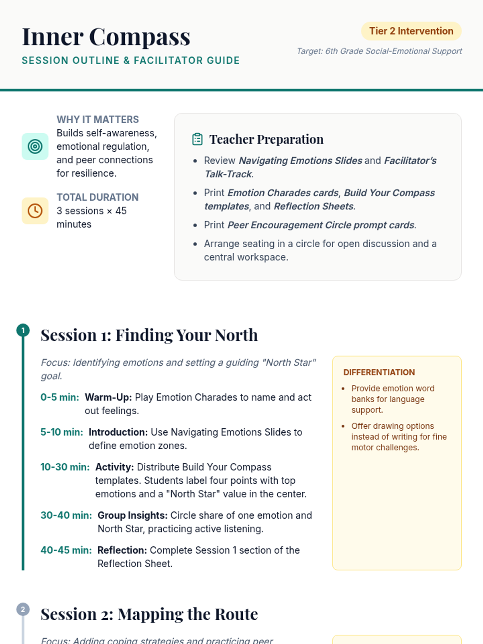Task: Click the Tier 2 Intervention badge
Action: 411,31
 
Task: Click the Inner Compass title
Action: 106,37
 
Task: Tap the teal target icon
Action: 35,147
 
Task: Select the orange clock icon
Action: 35,211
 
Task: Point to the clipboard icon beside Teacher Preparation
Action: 197,139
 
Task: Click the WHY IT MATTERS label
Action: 97,120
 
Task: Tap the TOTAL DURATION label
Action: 97,197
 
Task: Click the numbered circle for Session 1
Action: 23,330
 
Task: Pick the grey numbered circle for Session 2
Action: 23,609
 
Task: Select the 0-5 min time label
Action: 60,397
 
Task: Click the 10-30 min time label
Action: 65,467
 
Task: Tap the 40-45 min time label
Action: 66,550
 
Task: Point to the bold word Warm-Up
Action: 108,397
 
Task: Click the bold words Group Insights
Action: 132,515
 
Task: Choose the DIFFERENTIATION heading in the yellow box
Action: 379,372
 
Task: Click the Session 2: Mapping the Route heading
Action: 149,614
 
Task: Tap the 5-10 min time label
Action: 62,432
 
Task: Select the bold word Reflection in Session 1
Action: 122,550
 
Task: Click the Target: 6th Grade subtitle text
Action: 379,51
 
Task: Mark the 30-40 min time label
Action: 66,515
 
